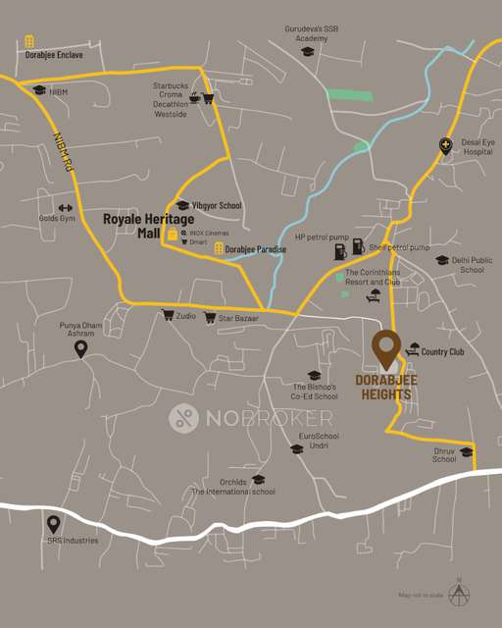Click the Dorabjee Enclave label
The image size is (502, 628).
(54, 55)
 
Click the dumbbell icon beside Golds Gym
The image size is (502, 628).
(66, 207)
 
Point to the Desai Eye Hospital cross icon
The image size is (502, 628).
(445, 146)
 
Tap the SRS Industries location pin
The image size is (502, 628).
(54, 524)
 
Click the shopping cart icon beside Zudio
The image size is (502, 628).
(167, 315)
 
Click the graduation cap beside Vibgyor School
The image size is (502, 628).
(182, 205)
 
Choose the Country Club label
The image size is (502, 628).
(441, 350)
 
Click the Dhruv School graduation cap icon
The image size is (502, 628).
(466, 451)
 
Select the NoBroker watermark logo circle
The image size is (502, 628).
(184, 418)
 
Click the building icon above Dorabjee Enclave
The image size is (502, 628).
(30, 40)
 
